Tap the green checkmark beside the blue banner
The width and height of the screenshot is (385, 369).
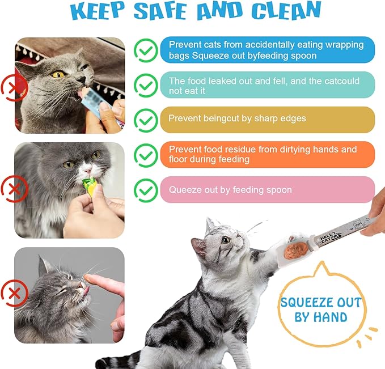click(x=146, y=50)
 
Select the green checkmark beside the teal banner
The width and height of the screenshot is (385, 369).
click(x=146, y=85)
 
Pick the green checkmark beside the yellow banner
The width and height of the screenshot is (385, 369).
click(x=146, y=120)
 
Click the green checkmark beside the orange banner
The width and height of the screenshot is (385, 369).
click(x=146, y=155)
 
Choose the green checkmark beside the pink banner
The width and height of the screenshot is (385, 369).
click(x=146, y=190)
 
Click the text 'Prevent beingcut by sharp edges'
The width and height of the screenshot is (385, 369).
click(x=237, y=119)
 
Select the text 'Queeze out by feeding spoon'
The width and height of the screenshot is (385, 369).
click(x=230, y=190)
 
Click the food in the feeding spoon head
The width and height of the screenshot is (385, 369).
click(x=295, y=250)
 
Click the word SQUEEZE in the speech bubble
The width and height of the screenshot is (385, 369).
click(x=320, y=302)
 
